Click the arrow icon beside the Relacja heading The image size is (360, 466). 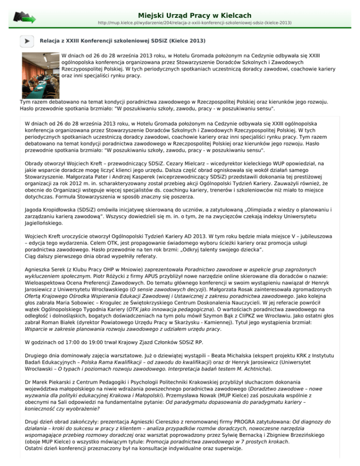coord(28,41)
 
